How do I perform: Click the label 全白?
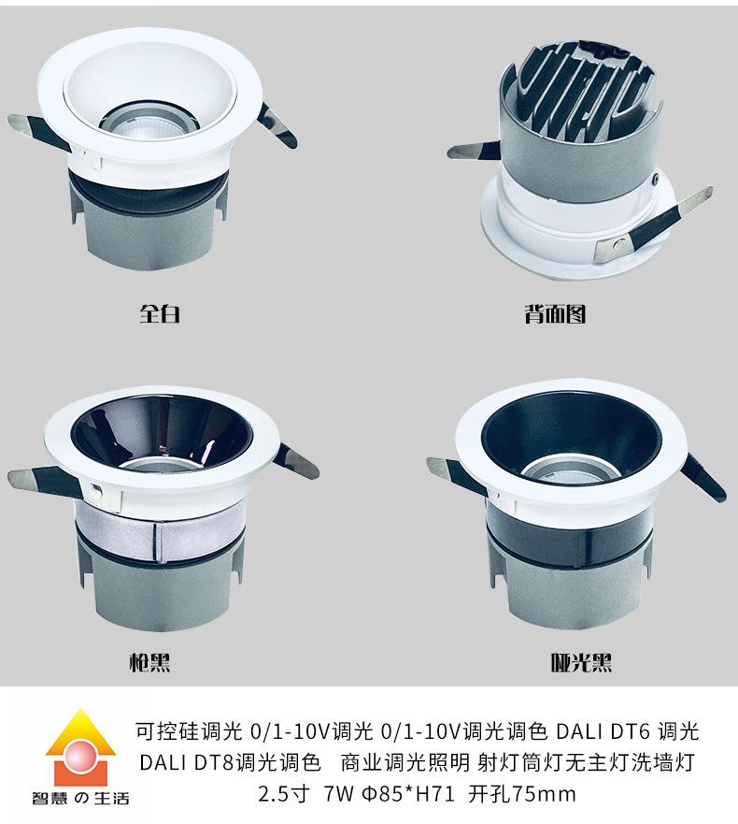click(160, 313)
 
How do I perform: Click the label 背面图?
click(555, 313)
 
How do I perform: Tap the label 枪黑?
click(150, 662)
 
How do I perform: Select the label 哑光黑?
click(581, 662)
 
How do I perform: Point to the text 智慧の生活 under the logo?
click(80, 798)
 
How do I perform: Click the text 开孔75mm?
click(521, 793)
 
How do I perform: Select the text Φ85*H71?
click(407, 793)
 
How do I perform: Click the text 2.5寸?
click(284, 793)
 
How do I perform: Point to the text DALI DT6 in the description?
click(603, 731)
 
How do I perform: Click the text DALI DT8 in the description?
click(186, 762)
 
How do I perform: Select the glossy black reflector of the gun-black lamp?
click(162, 431)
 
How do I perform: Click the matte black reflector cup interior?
click(572, 436)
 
